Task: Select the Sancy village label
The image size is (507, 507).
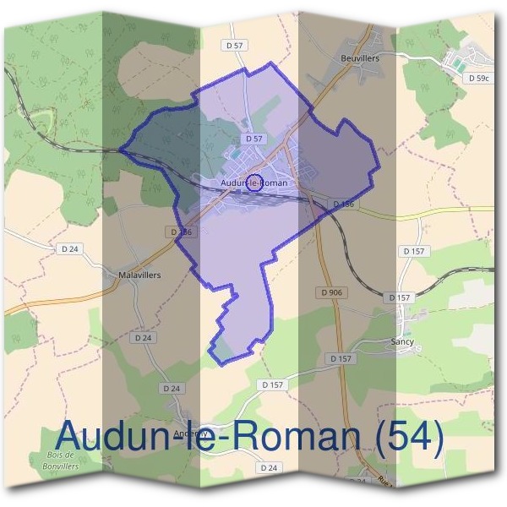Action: [402, 342]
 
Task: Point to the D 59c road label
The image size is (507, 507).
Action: [478, 78]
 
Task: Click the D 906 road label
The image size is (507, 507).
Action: [332, 292]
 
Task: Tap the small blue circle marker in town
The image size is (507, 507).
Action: [253, 182]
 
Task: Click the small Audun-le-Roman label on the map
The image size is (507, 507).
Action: [253, 183]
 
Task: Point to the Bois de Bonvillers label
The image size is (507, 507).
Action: [57, 461]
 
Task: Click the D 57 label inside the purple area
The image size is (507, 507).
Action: [254, 138]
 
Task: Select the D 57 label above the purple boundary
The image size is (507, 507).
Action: [235, 44]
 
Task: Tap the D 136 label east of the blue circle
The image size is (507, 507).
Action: [342, 204]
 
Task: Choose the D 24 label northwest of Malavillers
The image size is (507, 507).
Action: [69, 249]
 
